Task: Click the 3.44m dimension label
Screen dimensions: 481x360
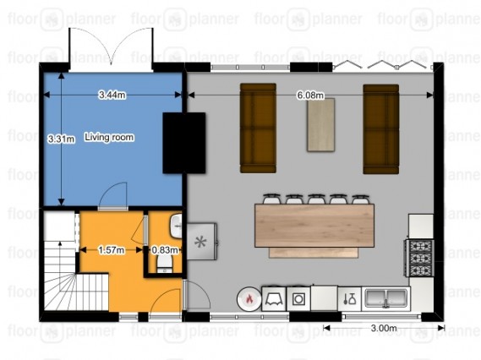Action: (x=112, y=95)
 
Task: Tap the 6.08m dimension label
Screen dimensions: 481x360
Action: (x=310, y=95)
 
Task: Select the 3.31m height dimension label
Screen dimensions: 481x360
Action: (x=62, y=139)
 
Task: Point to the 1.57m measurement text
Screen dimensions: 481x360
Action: (x=112, y=250)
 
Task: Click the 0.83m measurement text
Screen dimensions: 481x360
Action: (x=165, y=250)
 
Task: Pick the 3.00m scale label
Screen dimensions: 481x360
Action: (x=384, y=328)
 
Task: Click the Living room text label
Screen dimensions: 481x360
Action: (x=109, y=137)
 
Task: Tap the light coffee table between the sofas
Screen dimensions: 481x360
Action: (x=321, y=125)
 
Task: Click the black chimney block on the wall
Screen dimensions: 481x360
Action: (x=184, y=143)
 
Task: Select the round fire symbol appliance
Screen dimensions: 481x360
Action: (x=249, y=299)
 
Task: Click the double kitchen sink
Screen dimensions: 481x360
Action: (x=386, y=298)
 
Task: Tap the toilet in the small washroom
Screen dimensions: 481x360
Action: (x=165, y=263)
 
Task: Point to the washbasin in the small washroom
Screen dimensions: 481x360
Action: (x=177, y=226)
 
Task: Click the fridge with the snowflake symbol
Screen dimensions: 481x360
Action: (x=202, y=242)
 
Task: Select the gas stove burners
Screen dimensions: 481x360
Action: (x=419, y=259)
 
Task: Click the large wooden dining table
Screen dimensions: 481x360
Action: (x=314, y=226)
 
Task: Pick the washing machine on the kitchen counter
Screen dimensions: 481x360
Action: (x=298, y=298)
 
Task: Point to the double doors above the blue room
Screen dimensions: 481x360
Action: (x=111, y=46)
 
